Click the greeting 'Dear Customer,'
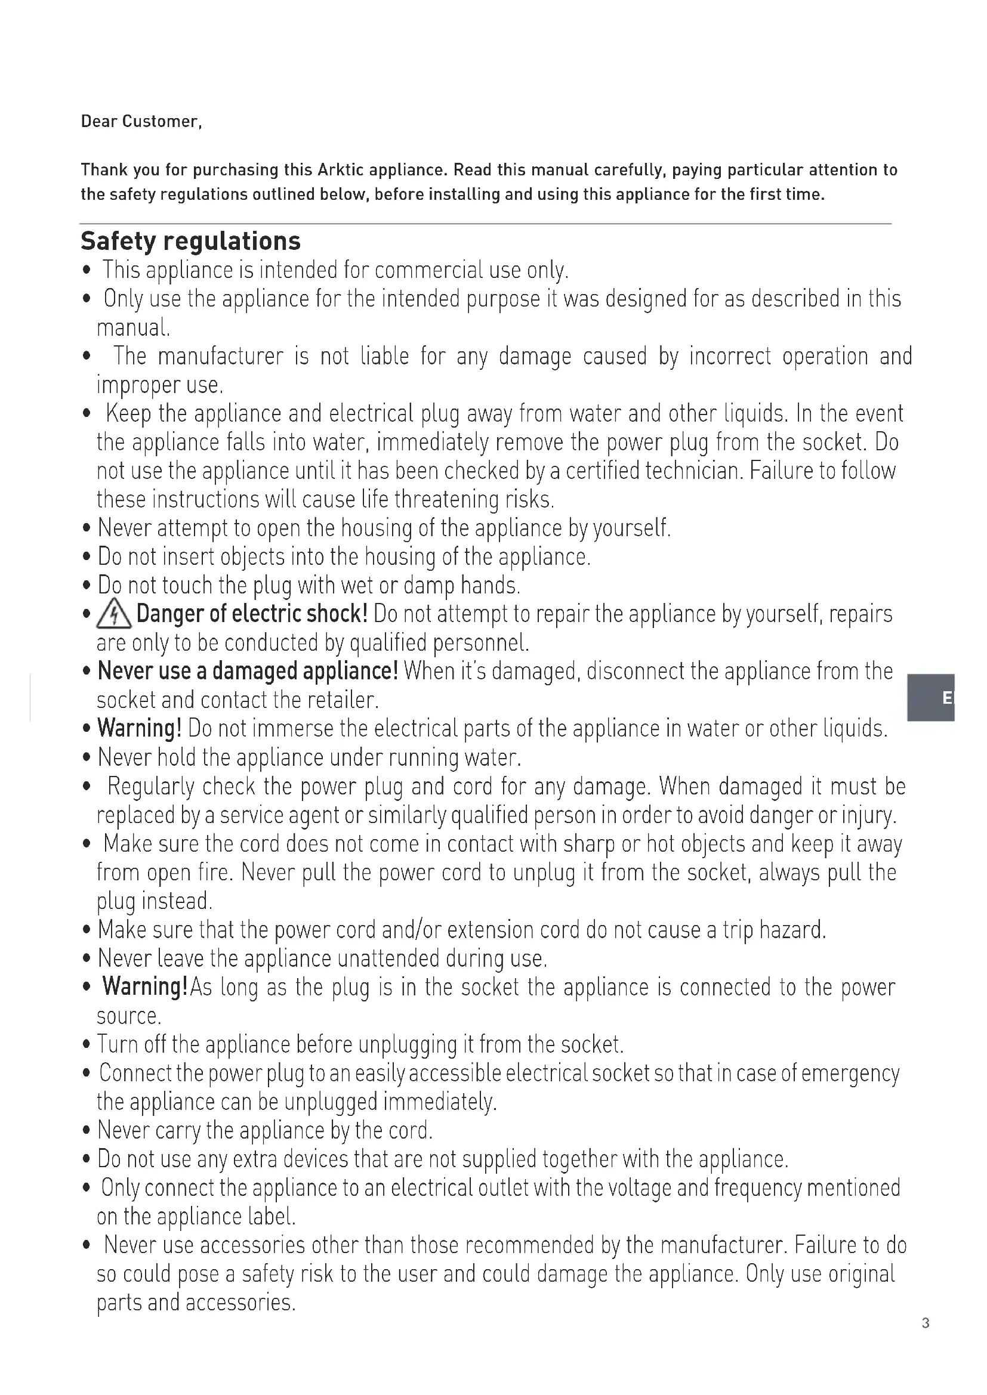coord(141,122)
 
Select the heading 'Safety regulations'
coord(190,241)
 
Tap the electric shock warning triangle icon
coord(113,615)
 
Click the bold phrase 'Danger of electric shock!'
coord(252,614)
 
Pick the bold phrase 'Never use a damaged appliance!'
coord(248,672)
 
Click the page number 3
coord(925,1323)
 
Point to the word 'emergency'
coord(850,1074)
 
